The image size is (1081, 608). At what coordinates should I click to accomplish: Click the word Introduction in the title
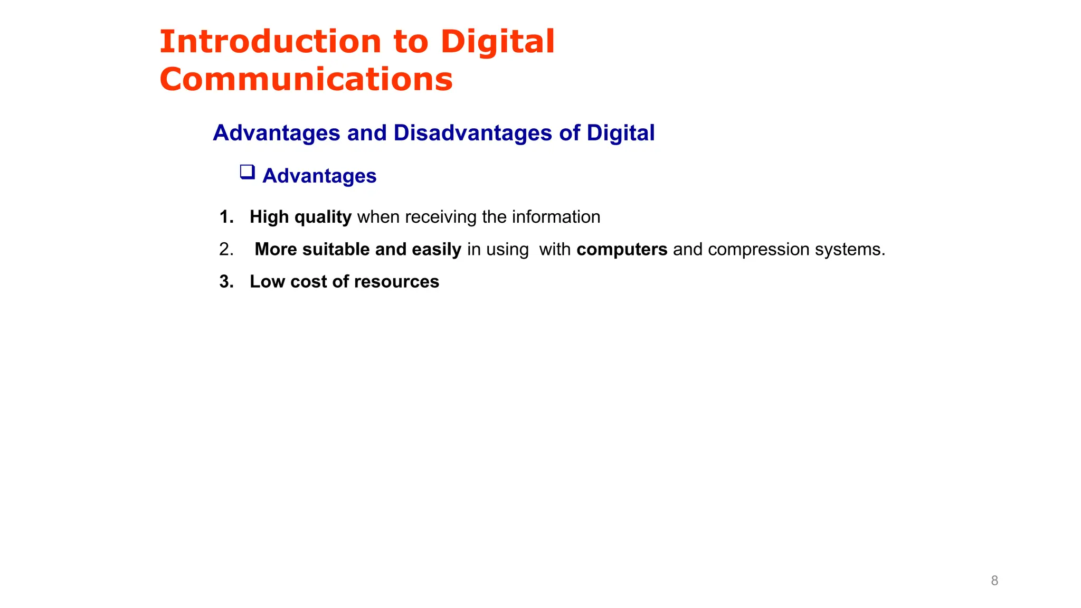pyautogui.click(x=270, y=42)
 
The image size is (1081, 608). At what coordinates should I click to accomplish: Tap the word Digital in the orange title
pyautogui.click(x=497, y=42)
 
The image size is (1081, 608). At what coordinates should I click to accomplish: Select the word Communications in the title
pyautogui.click(x=306, y=80)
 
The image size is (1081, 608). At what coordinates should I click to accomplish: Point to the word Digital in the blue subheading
pyautogui.click(x=621, y=133)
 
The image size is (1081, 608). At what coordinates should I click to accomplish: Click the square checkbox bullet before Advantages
pyautogui.click(x=247, y=172)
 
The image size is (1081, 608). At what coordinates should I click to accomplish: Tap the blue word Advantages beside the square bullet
pyautogui.click(x=319, y=176)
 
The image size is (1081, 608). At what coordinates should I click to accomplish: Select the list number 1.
pyautogui.click(x=226, y=217)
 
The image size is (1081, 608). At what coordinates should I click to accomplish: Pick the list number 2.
pyautogui.click(x=226, y=249)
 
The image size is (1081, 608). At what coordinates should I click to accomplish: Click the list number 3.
pyautogui.click(x=226, y=282)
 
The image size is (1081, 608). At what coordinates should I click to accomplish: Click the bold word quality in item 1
pyautogui.click(x=323, y=217)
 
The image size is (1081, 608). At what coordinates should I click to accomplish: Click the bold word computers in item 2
pyautogui.click(x=622, y=249)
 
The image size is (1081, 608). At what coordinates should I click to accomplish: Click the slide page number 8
pyautogui.click(x=994, y=581)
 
